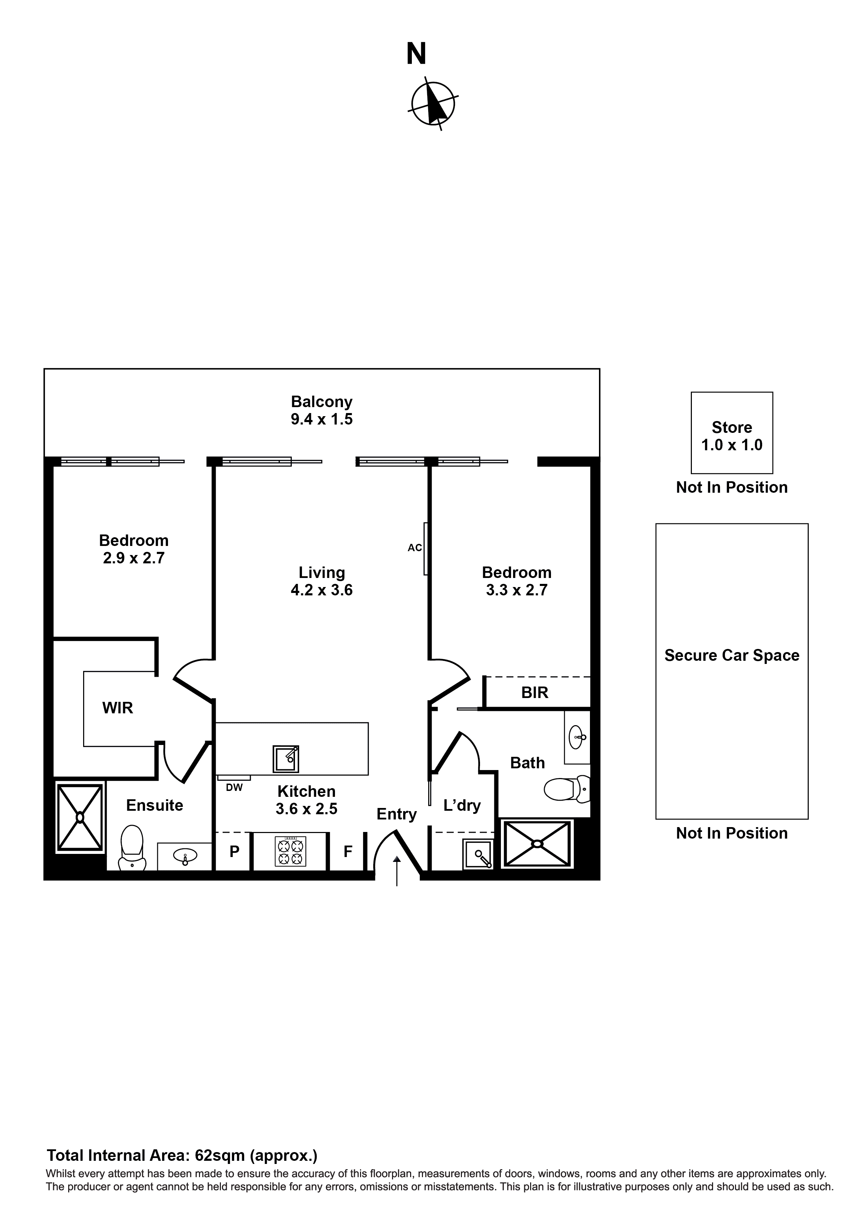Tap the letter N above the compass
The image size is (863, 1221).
pos(416,55)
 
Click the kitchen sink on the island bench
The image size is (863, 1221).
pos(286,759)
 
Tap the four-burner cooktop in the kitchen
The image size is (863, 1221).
pos(290,851)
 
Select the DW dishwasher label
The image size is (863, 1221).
pos(234,788)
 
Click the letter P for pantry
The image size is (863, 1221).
pos(234,852)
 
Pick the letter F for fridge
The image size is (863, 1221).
pos(348,852)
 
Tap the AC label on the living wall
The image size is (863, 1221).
pos(415,548)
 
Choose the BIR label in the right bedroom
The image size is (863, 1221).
pos(534,692)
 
